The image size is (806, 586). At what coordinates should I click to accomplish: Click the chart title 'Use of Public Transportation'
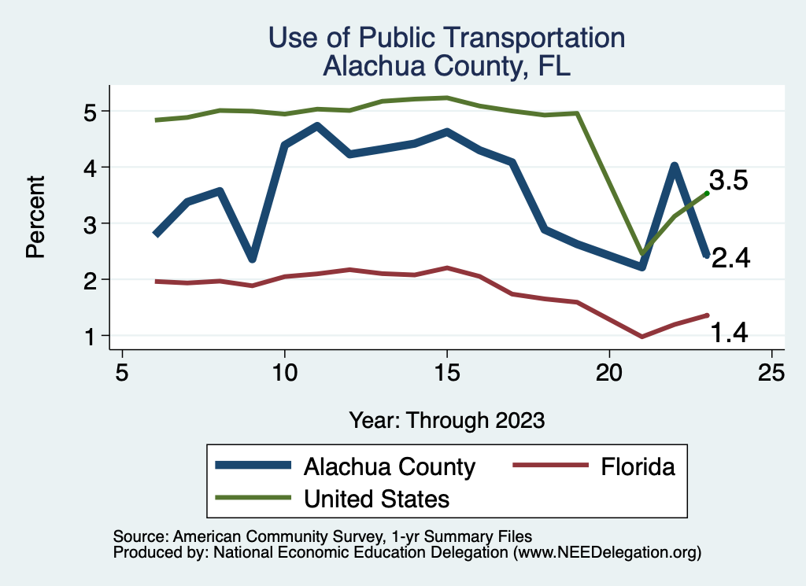tap(446, 38)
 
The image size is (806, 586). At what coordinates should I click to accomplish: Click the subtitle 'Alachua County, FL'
tap(446, 66)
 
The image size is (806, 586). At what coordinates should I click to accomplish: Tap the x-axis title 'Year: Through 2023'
tap(446, 420)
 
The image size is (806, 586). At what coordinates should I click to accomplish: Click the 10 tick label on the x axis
tap(284, 372)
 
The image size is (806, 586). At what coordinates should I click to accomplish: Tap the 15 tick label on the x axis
tap(446, 372)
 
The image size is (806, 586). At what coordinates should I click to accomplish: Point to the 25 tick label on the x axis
tap(771, 372)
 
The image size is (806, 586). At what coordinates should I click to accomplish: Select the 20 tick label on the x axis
tap(609, 372)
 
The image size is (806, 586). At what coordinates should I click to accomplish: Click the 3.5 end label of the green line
tap(730, 181)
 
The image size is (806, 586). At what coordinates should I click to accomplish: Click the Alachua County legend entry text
tap(390, 467)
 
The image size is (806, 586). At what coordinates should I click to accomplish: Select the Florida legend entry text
tap(638, 467)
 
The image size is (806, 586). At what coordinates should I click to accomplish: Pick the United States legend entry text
tap(376, 498)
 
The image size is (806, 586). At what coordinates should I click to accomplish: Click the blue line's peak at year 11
tap(316, 126)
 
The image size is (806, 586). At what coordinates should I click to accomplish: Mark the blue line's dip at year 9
tap(252, 259)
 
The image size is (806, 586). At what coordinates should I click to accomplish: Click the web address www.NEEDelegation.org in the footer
tap(608, 553)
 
